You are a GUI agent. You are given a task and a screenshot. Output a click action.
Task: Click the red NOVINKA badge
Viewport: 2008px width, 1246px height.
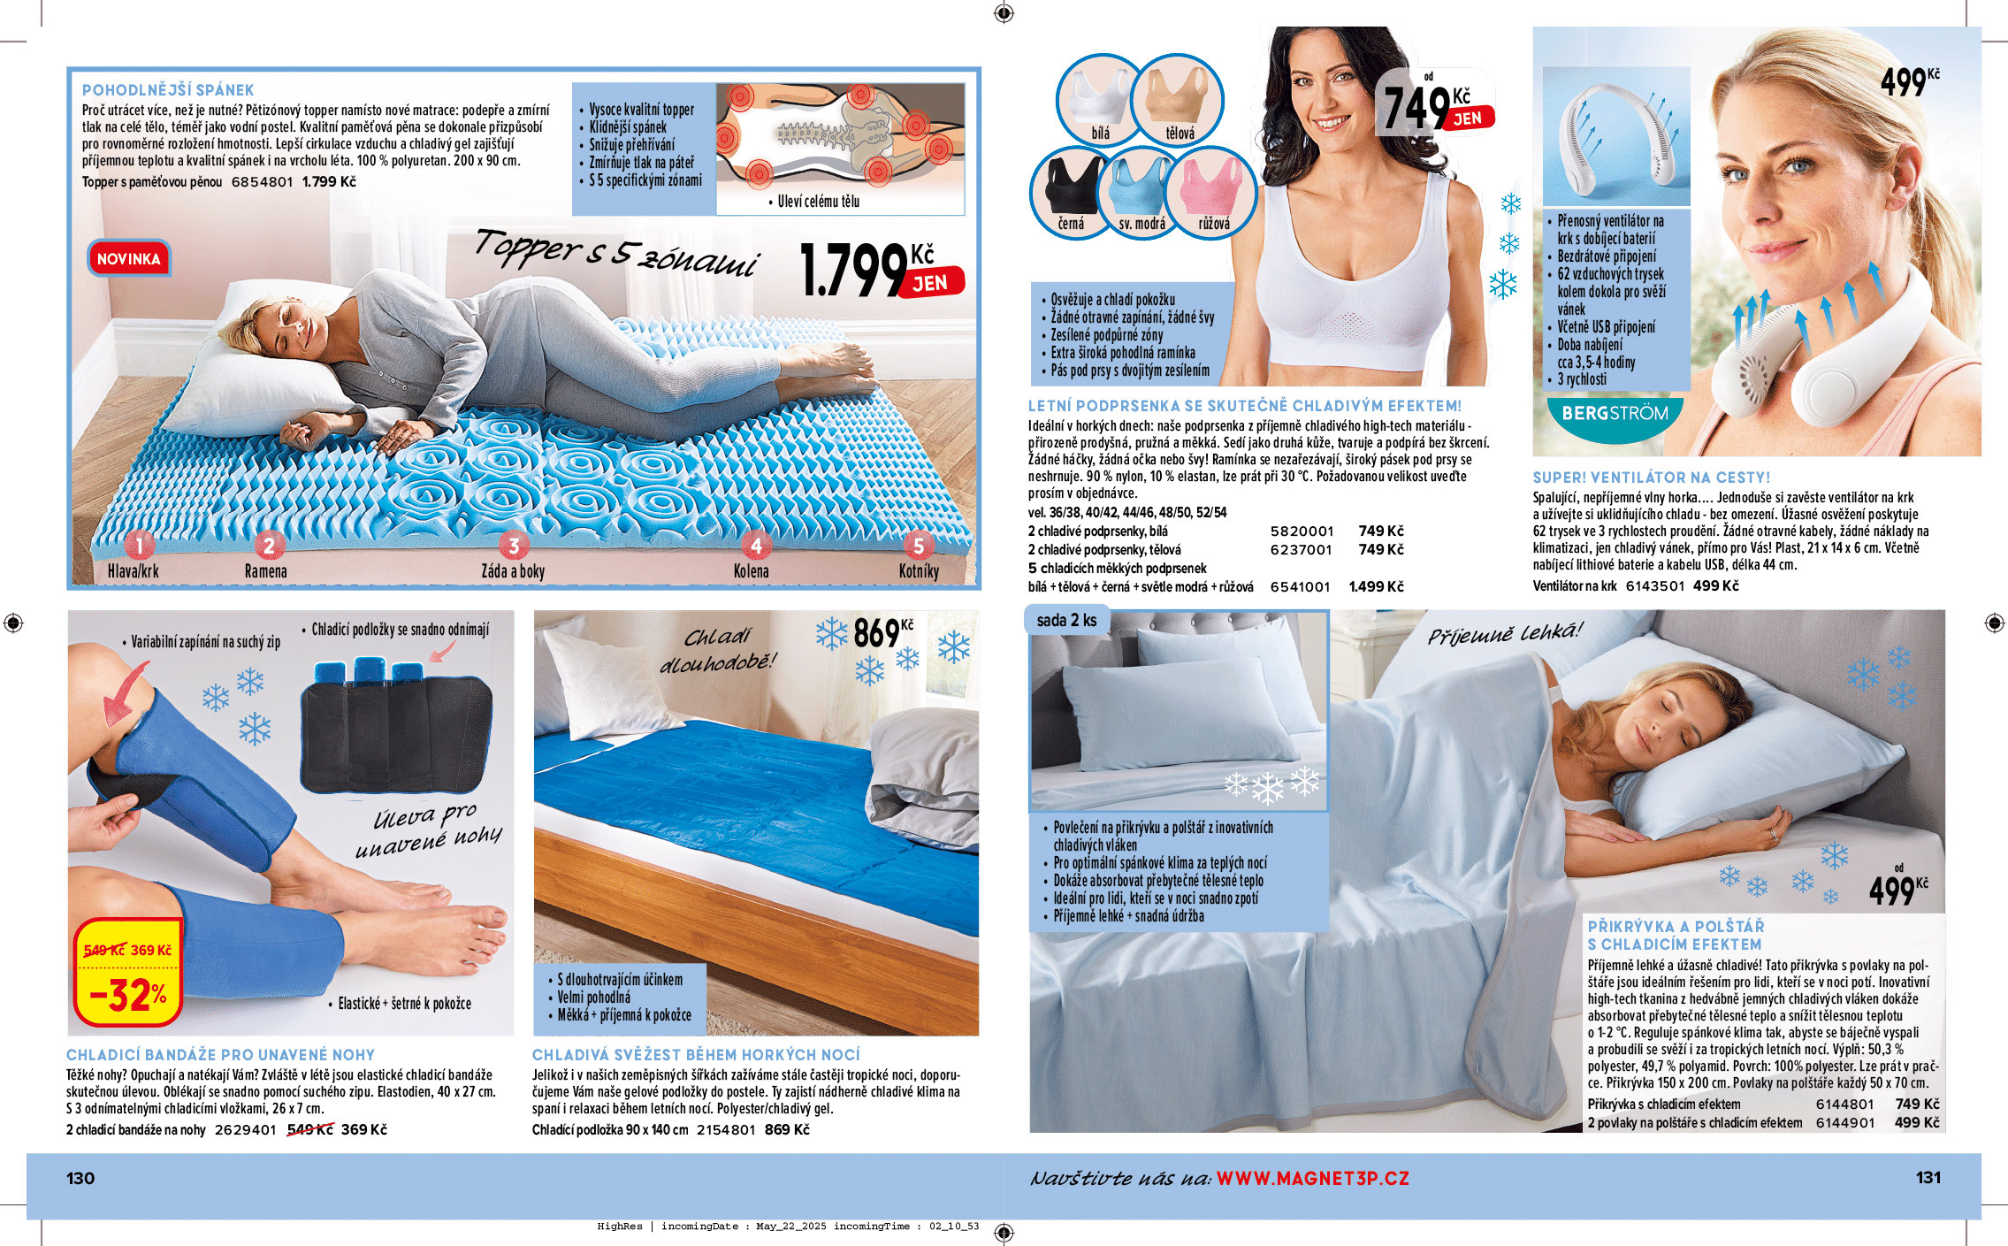(129, 258)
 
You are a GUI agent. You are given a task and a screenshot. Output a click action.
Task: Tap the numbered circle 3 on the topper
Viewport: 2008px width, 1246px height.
(514, 545)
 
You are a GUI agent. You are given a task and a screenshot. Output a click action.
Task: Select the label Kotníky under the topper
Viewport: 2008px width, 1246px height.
(919, 571)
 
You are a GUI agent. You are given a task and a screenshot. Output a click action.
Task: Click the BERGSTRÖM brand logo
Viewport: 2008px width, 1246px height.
(1615, 413)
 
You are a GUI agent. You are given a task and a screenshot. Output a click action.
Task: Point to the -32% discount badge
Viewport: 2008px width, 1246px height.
(129, 996)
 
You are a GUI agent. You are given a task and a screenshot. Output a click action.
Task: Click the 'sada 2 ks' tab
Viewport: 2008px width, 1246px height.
(1066, 620)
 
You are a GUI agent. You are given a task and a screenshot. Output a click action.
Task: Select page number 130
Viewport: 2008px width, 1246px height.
(80, 1178)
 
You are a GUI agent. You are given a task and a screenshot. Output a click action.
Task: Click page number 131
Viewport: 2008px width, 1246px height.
(1928, 1177)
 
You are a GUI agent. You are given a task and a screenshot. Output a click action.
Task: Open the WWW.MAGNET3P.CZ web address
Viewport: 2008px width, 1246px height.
(1313, 1178)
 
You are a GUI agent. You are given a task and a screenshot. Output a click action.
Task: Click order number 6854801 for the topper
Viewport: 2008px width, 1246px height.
(262, 181)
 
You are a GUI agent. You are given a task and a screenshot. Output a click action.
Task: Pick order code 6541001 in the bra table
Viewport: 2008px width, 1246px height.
(1300, 586)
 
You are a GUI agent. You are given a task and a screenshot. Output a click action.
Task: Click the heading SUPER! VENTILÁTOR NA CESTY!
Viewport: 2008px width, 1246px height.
(1652, 478)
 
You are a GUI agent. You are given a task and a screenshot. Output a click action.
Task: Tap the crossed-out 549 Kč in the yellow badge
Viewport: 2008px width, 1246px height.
(103, 950)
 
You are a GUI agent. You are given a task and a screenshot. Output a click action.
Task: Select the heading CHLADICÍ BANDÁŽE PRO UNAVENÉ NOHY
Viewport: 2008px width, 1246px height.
(221, 1055)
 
